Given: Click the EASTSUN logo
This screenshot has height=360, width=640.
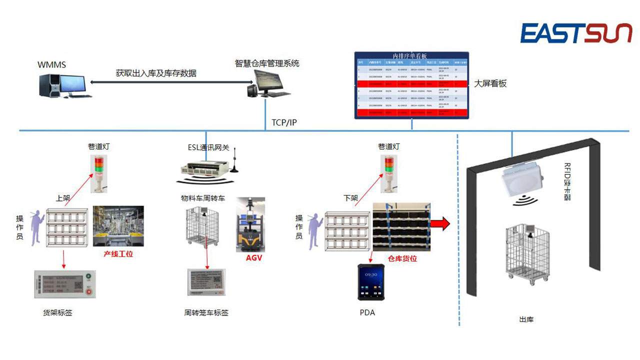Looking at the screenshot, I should click(576, 33).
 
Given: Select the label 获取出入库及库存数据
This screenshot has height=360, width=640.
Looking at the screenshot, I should click(156, 73).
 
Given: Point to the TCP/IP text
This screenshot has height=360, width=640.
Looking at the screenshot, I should click(284, 122).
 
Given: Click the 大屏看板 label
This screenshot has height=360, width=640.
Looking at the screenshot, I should click(490, 83).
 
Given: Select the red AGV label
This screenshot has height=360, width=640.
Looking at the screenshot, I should click(253, 258).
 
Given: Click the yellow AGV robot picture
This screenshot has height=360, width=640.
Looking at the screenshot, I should click(251, 225).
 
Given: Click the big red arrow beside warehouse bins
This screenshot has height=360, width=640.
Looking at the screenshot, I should click(440, 223).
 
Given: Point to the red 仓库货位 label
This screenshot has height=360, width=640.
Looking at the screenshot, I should click(402, 258).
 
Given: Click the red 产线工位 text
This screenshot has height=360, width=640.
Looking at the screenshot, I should click(118, 253).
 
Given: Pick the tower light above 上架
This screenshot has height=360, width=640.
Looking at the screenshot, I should click(98, 173).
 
